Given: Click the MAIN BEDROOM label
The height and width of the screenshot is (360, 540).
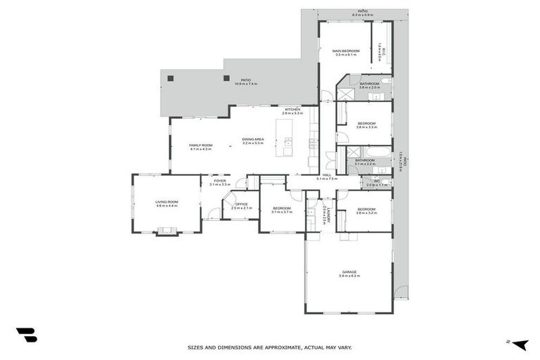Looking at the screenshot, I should pos(345,51).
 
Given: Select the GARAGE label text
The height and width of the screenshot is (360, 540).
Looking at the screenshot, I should pos(349,272).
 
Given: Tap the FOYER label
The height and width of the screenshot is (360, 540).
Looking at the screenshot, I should pos(220,181).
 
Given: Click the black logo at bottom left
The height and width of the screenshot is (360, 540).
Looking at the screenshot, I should pos(26,335).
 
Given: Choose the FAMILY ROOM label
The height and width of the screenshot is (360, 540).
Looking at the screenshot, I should pos(200,145).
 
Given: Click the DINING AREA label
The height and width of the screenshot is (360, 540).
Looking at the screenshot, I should pos(252,139).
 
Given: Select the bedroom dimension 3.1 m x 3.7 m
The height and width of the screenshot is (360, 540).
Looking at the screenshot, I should pos(281,212).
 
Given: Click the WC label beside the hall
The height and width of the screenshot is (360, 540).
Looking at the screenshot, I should pos(377,181).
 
